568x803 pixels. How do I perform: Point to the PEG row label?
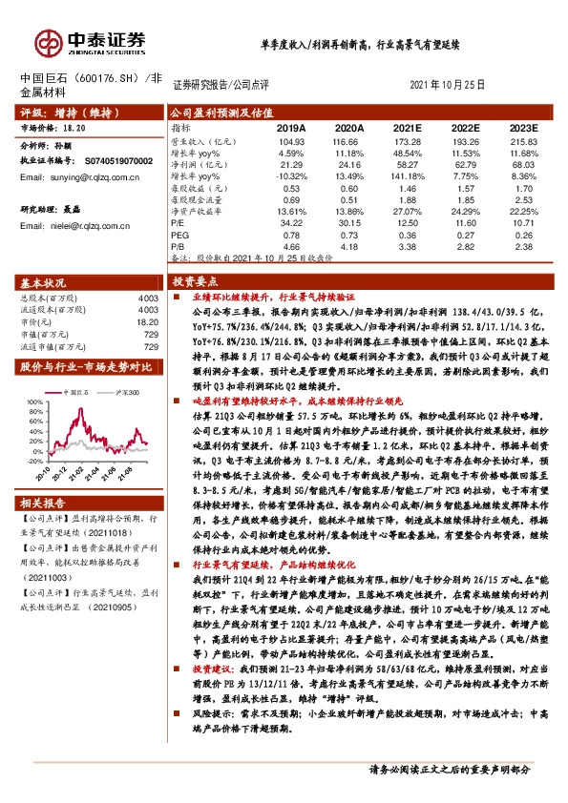(x=181, y=234)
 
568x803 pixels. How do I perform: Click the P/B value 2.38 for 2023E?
(x=524, y=246)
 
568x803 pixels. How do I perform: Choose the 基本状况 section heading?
(x=45, y=284)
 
